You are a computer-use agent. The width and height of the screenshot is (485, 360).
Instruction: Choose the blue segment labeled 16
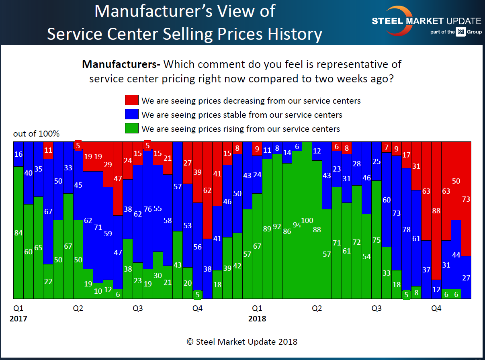click(18, 154)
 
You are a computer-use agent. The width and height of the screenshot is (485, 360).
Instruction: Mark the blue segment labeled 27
click(466, 277)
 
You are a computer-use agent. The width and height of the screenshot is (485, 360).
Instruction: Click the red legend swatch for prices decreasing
click(132, 100)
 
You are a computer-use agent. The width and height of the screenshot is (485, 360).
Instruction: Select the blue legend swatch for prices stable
click(132, 115)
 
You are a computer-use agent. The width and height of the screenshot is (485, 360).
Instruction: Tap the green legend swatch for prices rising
click(132, 129)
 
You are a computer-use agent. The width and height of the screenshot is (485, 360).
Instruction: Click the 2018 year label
click(257, 319)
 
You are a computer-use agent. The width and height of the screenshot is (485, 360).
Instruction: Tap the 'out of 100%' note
click(36, 134)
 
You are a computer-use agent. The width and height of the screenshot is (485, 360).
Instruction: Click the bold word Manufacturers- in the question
click(121, 64)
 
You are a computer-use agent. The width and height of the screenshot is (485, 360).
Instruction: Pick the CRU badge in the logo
click(460, 32)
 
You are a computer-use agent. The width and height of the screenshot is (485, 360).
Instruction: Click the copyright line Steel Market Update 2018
click(242, 342)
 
